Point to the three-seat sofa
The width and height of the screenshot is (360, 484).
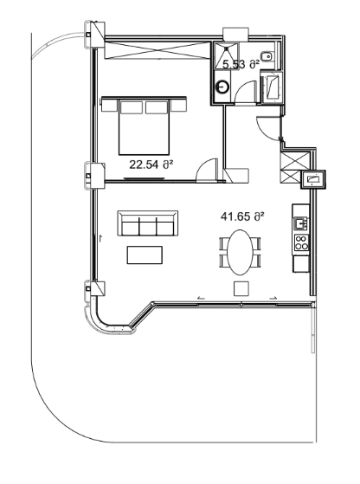point(146,225)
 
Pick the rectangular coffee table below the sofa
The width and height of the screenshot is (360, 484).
point(144,255)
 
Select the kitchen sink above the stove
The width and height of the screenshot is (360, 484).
point(301,223)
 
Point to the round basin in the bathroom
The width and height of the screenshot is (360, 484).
point(223,87)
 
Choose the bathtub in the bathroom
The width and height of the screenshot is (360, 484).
point(272,87)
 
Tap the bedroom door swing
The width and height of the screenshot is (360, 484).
point(207,171)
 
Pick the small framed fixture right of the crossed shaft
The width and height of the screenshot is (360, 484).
point(312,180)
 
